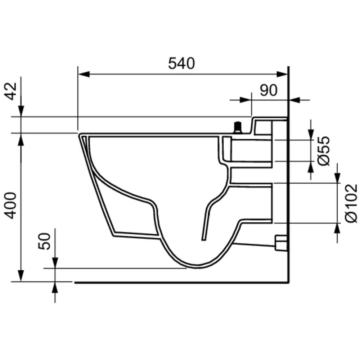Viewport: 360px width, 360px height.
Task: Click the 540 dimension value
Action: (181, 63)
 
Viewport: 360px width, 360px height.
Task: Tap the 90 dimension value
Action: (269, 91)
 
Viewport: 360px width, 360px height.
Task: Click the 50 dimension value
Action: (45, 241)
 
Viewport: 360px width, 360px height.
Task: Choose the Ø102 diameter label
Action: (351, 203)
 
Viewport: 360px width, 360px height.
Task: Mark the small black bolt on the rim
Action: (237, 127)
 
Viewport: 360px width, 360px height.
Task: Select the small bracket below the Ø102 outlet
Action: (281, 243)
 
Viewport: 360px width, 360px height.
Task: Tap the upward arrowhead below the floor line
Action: (55, 288)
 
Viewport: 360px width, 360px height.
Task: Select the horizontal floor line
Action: (180, 283)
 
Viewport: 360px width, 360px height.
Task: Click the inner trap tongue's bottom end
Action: (204, 239)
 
